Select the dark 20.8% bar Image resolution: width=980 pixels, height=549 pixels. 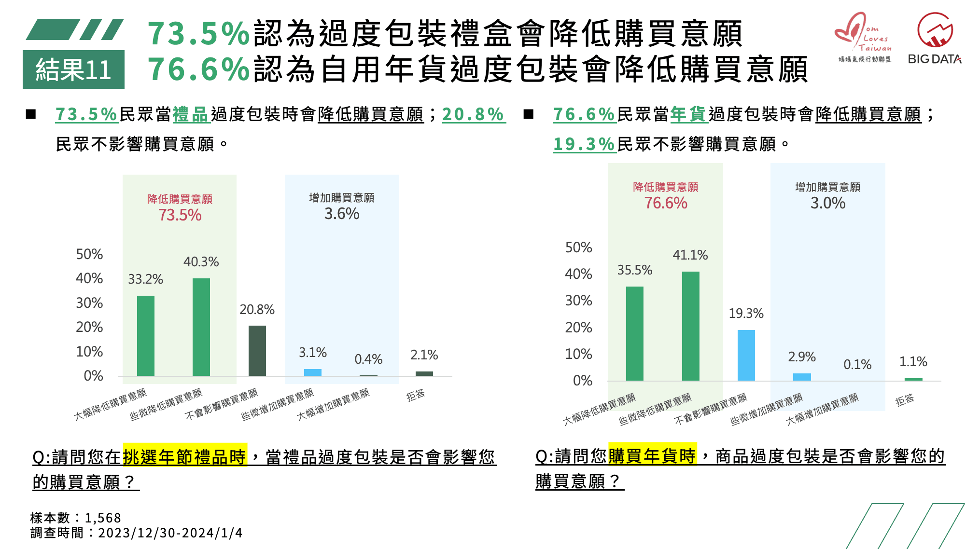tap(257, 351)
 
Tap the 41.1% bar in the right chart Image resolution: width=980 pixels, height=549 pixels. tap(690, 326)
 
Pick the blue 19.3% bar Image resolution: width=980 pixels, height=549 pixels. tap(746, 356)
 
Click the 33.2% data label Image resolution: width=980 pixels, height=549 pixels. tap(145, 279)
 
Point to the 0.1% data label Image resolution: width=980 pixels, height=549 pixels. tap(857, 365)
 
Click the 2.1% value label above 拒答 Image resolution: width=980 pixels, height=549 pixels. tap(424, 355)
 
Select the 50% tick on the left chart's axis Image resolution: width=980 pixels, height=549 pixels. tap(89, 254)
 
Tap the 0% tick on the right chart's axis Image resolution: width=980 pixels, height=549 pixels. tap(582, 381)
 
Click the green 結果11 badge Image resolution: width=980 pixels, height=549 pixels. tap(73, 69)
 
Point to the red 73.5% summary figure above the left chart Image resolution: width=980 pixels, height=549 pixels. tap(180, 215)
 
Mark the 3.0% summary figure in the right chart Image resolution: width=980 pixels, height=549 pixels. tap(827, 203)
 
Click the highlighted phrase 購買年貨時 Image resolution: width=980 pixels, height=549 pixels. tap(652, 455)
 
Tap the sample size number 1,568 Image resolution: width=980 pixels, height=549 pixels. tap(103, 518)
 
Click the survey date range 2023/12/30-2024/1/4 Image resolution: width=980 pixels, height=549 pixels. tap(170, 533)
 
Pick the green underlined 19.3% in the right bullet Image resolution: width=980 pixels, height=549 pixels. tap(584, 144)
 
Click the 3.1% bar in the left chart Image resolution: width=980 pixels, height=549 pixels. tap(312, 372)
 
